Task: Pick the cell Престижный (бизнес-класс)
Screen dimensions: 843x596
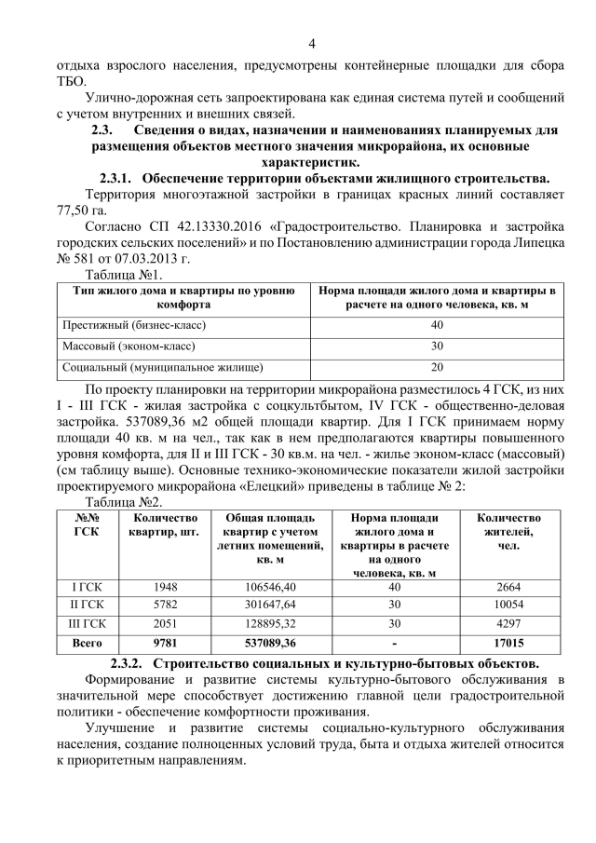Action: [x=133, y=325]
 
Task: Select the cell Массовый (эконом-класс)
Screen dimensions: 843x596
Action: [x=128, y=347]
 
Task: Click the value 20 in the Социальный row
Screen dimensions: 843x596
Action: [x=436, y=367]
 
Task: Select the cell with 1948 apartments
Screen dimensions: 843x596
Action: [x=163, y=586]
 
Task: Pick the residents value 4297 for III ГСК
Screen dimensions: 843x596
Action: [x=508, y=624]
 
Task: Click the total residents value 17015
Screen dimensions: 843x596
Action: [x=508, y=644]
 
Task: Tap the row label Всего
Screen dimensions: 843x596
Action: [x=88, y=644]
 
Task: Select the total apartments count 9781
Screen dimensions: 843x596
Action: [x=163, y=644]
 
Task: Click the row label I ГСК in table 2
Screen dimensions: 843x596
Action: [x=88, y=586]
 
